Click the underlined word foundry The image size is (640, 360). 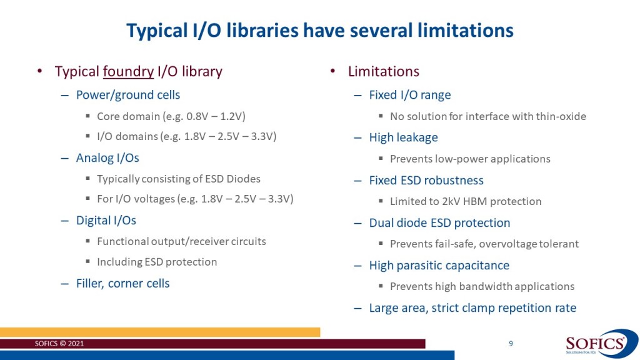coord(128,71)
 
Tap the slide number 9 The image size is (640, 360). coord(511,344)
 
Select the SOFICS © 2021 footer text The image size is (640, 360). coord(59,344)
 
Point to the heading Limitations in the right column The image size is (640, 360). coord(383,71)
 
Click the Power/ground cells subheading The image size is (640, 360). coord(127,95)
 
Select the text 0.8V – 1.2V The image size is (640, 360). coord(215,116)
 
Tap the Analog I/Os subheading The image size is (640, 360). coord(107,158)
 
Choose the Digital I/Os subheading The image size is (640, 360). coord(106,221)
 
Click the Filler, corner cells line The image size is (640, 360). coord(122,283)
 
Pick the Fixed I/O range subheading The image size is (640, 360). coord(410,95)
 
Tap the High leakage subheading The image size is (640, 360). coord(403,137)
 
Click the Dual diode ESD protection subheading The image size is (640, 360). coord(439,223)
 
